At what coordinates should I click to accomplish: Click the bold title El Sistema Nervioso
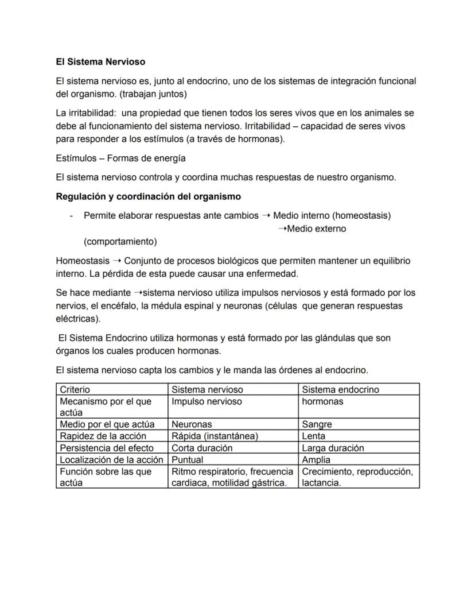[x=100, y=61]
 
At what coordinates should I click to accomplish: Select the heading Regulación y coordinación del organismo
[x=148, y=196]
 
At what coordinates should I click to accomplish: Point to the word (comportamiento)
[x=120, y=241]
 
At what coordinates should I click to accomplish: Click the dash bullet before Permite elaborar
[x=70, y=216]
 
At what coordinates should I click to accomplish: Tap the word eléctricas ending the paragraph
[x=76, y=318]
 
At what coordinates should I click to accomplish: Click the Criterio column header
[x=75, y=389]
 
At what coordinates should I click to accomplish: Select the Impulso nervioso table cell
[x=207, y=401]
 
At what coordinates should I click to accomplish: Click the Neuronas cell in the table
[x=192, y=424]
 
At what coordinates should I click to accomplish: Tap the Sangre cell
[x=317, y=424]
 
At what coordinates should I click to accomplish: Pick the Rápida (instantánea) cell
[x=215, y=436]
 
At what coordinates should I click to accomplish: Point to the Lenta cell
[x=313, y=436]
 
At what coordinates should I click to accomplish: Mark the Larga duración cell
[x=333, y=448]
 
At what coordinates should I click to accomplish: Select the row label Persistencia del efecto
[x=107, y=448]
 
